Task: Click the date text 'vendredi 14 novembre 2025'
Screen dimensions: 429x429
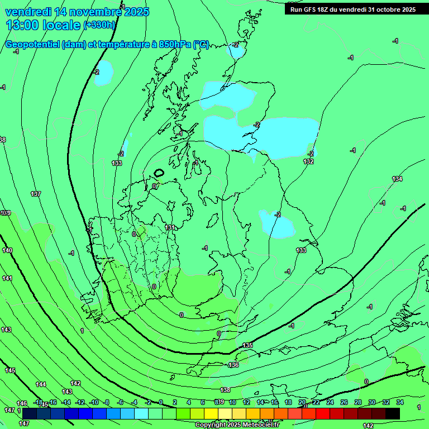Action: coord(77,12)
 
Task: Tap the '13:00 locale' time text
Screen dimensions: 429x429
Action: coord(43,25)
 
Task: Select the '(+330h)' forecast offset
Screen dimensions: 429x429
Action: coord(99,25)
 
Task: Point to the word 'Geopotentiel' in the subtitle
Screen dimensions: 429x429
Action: coord(33,45)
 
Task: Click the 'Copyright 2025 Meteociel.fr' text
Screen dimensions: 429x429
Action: coord(237,425)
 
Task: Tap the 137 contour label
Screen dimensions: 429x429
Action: coord(36,194)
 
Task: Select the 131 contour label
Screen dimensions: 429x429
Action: coord(170,227)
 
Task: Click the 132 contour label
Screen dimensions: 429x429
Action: coord(308,161)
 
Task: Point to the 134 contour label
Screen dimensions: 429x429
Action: coord(397,179)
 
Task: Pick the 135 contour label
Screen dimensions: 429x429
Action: coord(247,345)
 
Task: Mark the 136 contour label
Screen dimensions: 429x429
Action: coord(233,365)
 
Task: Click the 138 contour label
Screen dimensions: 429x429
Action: coord(225,390)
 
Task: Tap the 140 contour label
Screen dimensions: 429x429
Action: coord(7,250)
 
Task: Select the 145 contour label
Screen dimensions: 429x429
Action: coord(10,370)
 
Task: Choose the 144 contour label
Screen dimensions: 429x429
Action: coord(41,384)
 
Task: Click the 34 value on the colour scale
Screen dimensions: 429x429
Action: coord(400,402)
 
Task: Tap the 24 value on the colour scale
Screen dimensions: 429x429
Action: coord(330,402)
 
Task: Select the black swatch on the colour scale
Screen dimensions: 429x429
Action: coord(393,413)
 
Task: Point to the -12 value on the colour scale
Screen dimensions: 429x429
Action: coord(79,402)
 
